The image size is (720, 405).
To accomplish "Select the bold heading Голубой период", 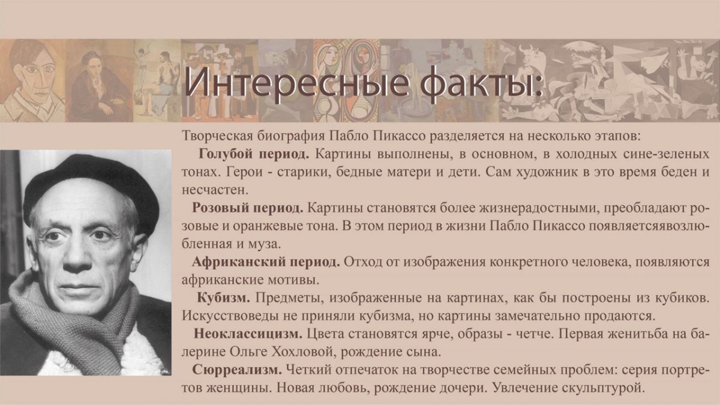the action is pos(254,154).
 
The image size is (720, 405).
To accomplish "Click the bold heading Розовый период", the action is pos(247,208).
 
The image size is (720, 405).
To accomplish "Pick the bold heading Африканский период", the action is pos(266,262).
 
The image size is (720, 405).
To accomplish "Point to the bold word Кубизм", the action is pos(223,298).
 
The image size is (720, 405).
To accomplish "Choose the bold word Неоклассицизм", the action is pos(248,334).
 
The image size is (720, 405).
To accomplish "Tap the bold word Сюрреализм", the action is pos(237,370).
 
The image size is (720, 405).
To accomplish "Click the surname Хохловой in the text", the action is pos(304,352).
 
